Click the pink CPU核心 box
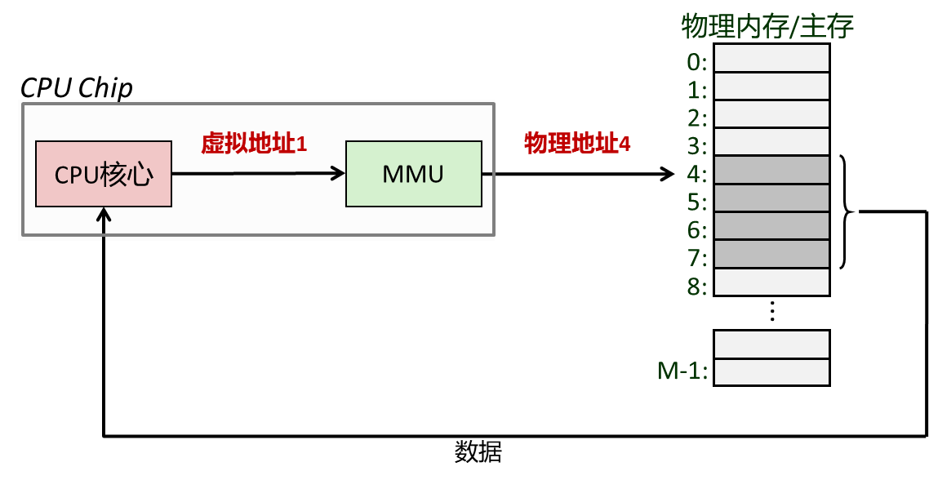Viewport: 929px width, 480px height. (104, 174)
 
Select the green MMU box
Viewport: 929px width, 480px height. (414, 174)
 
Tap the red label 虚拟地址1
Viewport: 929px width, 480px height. (254, 144)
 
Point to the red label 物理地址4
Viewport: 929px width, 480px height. (577, 144)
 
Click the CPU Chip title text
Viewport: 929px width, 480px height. (77, 89)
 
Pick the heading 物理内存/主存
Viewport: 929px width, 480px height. (768, 27)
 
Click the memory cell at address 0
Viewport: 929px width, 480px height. (771, 58)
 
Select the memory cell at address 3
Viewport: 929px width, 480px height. (771, 142)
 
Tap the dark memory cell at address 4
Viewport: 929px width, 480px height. (771, 170)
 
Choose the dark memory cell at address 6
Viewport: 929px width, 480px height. (771, 226)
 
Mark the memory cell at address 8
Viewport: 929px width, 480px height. (771, 282)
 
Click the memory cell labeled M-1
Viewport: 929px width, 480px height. (771, 372)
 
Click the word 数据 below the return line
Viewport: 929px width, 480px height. (478, 453)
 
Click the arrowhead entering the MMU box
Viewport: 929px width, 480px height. (338, 174)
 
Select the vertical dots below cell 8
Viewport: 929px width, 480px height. (771, 311)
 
